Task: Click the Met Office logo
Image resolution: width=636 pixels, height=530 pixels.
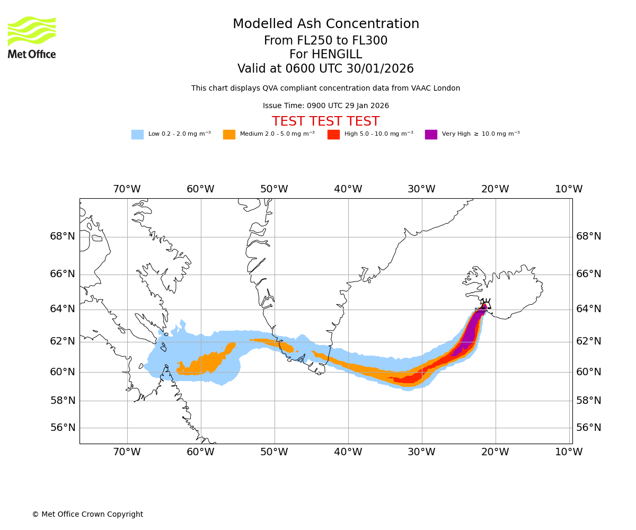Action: coord(32,37)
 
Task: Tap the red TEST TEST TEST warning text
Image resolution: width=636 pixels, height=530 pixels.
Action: coord(325,121)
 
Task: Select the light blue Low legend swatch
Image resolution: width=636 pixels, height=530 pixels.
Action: coord(137,134)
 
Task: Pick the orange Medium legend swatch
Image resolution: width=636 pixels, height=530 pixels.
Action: coord(229,134)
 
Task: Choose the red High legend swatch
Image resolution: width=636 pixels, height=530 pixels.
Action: coord(333,134)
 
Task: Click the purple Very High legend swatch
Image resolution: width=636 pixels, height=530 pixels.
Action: coord(431,134)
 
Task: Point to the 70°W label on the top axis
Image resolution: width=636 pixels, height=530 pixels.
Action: coord(127,189)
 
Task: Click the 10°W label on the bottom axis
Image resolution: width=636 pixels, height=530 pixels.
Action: coord(569,452)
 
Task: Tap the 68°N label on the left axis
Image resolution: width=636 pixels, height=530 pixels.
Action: coord(63,236)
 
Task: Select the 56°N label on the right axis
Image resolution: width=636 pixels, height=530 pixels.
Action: coord(589,428)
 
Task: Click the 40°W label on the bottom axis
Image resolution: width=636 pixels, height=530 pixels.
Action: coord(348,452)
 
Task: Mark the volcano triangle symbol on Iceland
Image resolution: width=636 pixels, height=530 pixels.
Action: coord(486,305)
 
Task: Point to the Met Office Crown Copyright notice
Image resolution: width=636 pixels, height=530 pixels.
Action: coord(87,514)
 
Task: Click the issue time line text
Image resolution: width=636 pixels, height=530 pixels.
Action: coord(325,105)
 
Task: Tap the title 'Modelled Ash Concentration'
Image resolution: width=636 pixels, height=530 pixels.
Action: coord(325,24)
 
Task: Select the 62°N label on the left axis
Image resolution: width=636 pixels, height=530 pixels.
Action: coord(63,341)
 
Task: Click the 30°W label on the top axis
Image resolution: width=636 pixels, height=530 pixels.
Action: coord(421,189)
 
